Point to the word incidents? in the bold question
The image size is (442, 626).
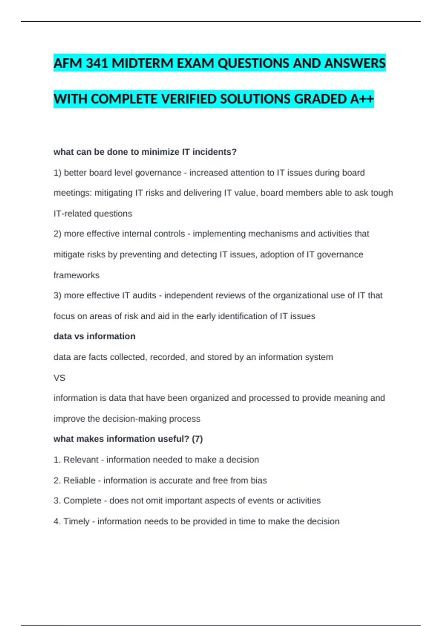pos(215,152)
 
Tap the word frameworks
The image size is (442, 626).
pos(76,275)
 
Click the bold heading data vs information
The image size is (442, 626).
pos(94,336)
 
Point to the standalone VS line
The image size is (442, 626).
pos(59,378)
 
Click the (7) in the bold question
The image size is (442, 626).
pos(197,439)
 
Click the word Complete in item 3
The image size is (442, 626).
pos(82,500)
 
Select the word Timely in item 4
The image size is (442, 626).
pos(76,521)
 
